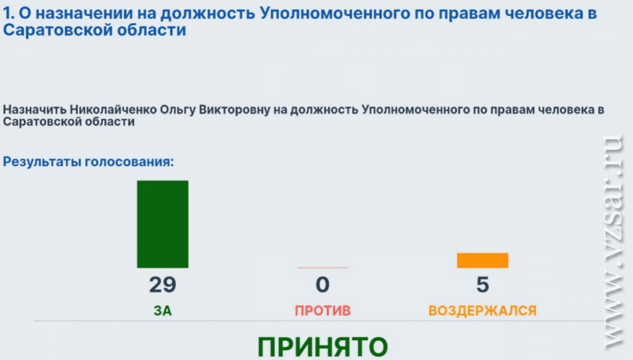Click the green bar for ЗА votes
click(x=163, y=224)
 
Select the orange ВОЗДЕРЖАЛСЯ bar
click(x=483, y=260)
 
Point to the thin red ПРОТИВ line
click(x=322, y=267)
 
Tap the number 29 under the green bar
click(x=163, y=285)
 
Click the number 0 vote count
click(x=322, y=285)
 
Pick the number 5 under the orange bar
click(x=483, y=285)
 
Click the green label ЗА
click(x=163, y=311)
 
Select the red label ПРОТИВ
click(x=322, y=311)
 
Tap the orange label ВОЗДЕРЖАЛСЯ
click(x=483, y=311)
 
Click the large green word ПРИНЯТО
click(x=322, y=347)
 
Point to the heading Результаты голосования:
click(x=88, y=162)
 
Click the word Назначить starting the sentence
click(x=35, y=109)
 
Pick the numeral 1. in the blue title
click(x=9, y=13)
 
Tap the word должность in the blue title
click(x=208, y=14)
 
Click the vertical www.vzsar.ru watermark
click(x=613, y=241)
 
